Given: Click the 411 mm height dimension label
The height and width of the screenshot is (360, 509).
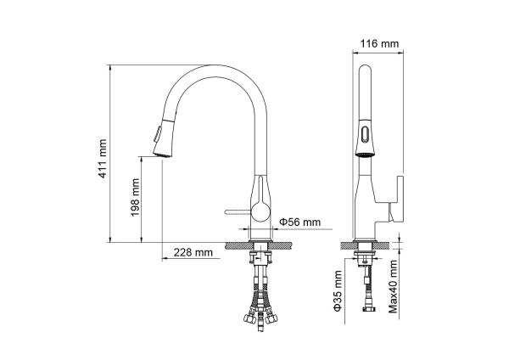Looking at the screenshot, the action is tap(103, 159).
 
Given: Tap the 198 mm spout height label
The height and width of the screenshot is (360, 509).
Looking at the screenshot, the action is tap(135, 197).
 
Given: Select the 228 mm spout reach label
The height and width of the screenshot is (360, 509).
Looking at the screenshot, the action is tap(193, 252).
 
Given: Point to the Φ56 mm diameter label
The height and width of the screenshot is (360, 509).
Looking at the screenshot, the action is tap(300, 222).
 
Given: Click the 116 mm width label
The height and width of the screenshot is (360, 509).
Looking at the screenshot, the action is tap(379, 43).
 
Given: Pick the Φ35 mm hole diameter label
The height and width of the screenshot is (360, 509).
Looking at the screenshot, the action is tap(338, 291).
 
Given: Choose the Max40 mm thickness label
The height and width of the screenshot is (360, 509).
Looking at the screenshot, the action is tap(393, 286).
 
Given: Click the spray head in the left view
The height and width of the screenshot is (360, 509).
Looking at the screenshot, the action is tap(163, 138).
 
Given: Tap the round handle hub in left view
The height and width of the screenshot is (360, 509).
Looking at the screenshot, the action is tap(261, 211).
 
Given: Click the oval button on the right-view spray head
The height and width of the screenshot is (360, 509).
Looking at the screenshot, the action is tap(365, 134).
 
